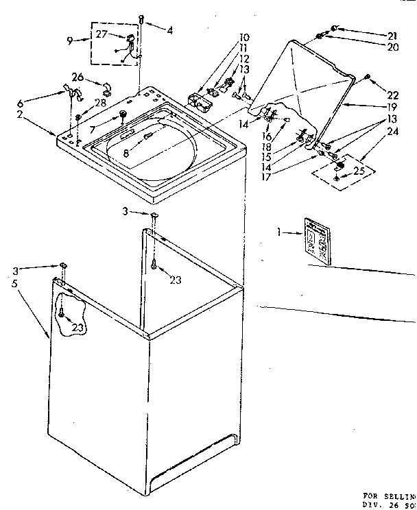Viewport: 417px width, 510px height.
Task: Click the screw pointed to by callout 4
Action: pyautogui.click(x=141, y=19)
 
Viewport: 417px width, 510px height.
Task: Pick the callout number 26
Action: pyautogui.click(x=78, y=77)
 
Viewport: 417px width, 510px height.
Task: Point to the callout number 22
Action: pyautogui.click(x=393, y=95)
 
